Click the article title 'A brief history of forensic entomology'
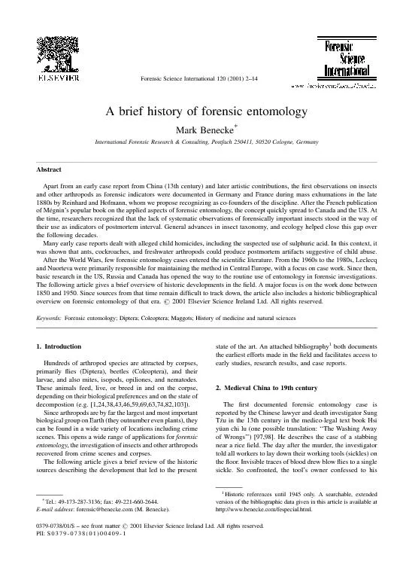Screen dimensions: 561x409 (204, 111)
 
